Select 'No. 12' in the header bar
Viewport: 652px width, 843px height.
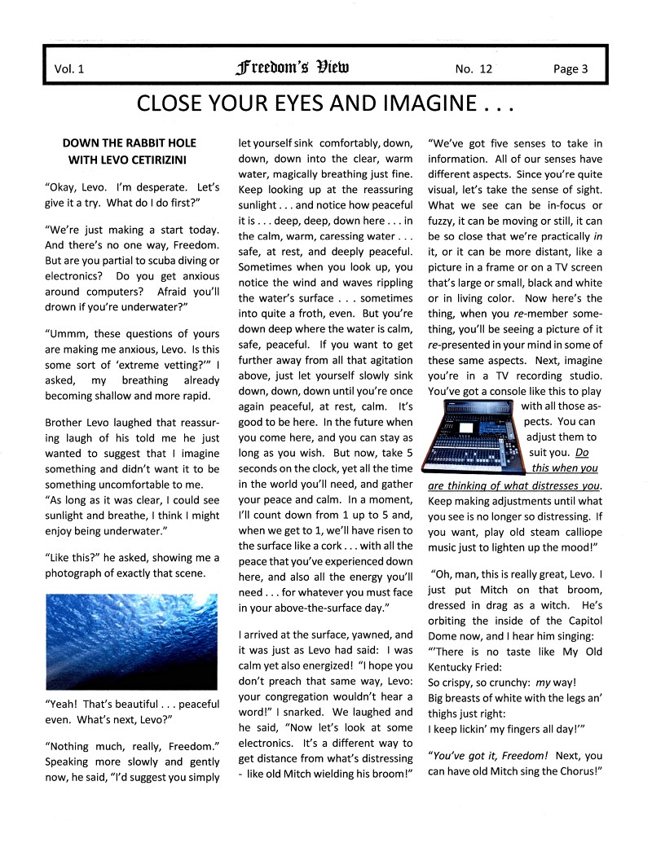pos(474,69)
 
